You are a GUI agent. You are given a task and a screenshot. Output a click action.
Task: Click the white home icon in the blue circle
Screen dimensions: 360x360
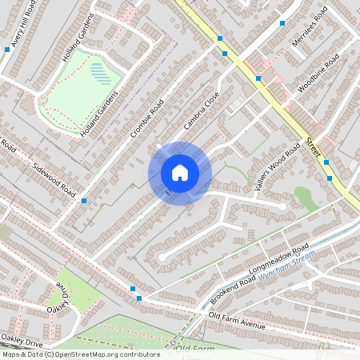pos(179,173)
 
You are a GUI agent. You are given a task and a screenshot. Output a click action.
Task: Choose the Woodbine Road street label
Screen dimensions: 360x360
pos(318,74)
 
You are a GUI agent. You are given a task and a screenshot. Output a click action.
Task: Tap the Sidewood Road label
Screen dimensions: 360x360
pos(54,179)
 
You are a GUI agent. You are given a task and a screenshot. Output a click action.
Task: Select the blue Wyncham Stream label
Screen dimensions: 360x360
pos(288,265)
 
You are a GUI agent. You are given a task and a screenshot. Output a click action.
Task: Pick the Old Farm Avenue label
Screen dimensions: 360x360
pos(236,321)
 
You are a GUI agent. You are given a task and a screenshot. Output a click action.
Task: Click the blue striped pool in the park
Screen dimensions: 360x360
pos(101,73)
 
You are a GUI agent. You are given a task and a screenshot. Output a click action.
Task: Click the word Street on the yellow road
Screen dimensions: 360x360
pos(312,146)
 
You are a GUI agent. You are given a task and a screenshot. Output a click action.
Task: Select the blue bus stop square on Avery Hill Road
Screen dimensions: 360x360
pos(7,50)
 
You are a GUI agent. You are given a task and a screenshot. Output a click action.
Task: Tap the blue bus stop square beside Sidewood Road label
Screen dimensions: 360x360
pos(84,201)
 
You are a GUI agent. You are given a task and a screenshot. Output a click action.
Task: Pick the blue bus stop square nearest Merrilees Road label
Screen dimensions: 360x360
pos(282,22)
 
